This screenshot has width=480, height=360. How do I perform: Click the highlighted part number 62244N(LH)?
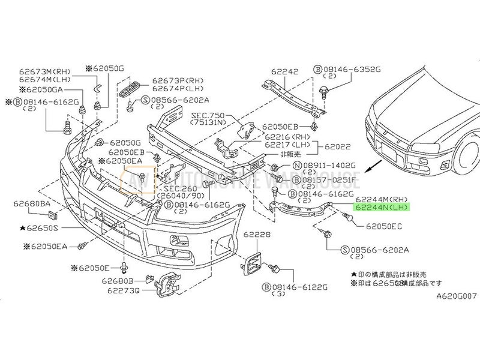click(x=382, y=208)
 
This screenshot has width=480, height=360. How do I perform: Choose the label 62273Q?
click(x=124, y=290)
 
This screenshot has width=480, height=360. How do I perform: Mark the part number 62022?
click(x=339, y=146)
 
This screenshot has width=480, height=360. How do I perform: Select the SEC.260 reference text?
click(x=176, y=188)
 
